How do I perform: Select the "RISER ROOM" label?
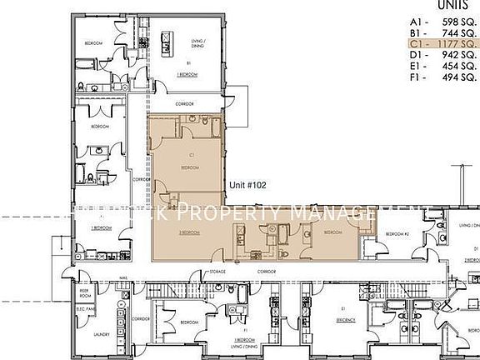pos(85,294)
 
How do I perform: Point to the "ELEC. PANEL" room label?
pos(85,314)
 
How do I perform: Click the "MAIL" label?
pos(123,279)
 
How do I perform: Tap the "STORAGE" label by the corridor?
pos(217,272)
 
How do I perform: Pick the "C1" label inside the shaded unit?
pos(191,155)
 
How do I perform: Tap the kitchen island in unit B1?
pos(165,41)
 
